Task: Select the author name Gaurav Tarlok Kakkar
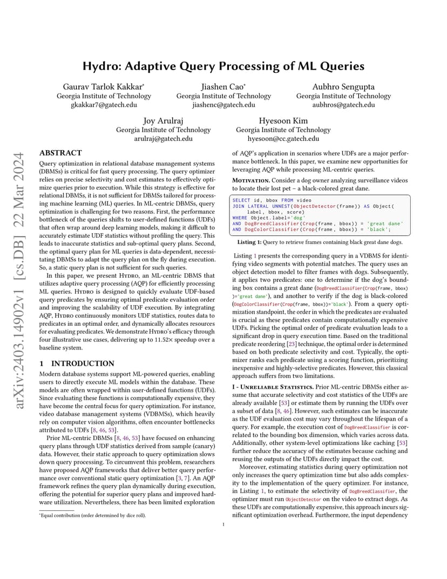point(104,86)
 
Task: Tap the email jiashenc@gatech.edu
point(223,105)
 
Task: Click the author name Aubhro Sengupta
point(343,86)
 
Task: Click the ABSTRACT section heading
point(60,153)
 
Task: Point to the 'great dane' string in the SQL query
point(385,223)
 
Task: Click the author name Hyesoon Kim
point(283,120)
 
